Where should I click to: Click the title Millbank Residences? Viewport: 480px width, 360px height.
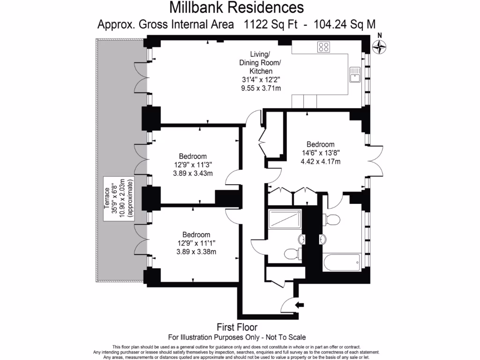[236, 7]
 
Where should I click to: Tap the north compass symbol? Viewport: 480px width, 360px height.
[379, 46]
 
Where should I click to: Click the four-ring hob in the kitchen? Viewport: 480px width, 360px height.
[323, 46]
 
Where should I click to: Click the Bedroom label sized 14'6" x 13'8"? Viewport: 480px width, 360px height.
[321, 144]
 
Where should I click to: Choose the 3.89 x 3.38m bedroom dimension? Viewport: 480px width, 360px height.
[196, 252]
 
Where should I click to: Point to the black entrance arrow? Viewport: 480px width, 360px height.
[299, 305]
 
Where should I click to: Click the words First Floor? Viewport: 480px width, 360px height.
[237, 327]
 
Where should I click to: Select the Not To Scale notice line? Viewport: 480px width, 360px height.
[237, 337]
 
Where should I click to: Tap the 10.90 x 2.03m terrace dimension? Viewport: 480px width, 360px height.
[123, 197]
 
